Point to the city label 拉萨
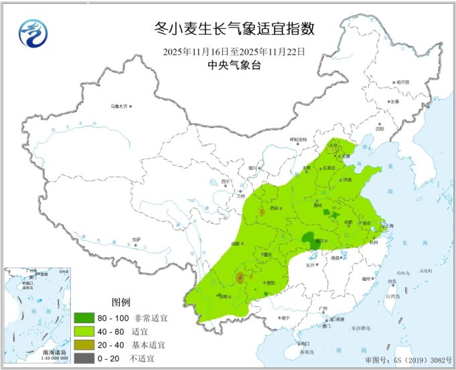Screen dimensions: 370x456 click(x=136, y=239)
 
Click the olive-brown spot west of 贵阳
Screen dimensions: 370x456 click(x=240, y=278)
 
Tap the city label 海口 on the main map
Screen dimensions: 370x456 click(x=289, y=343)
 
